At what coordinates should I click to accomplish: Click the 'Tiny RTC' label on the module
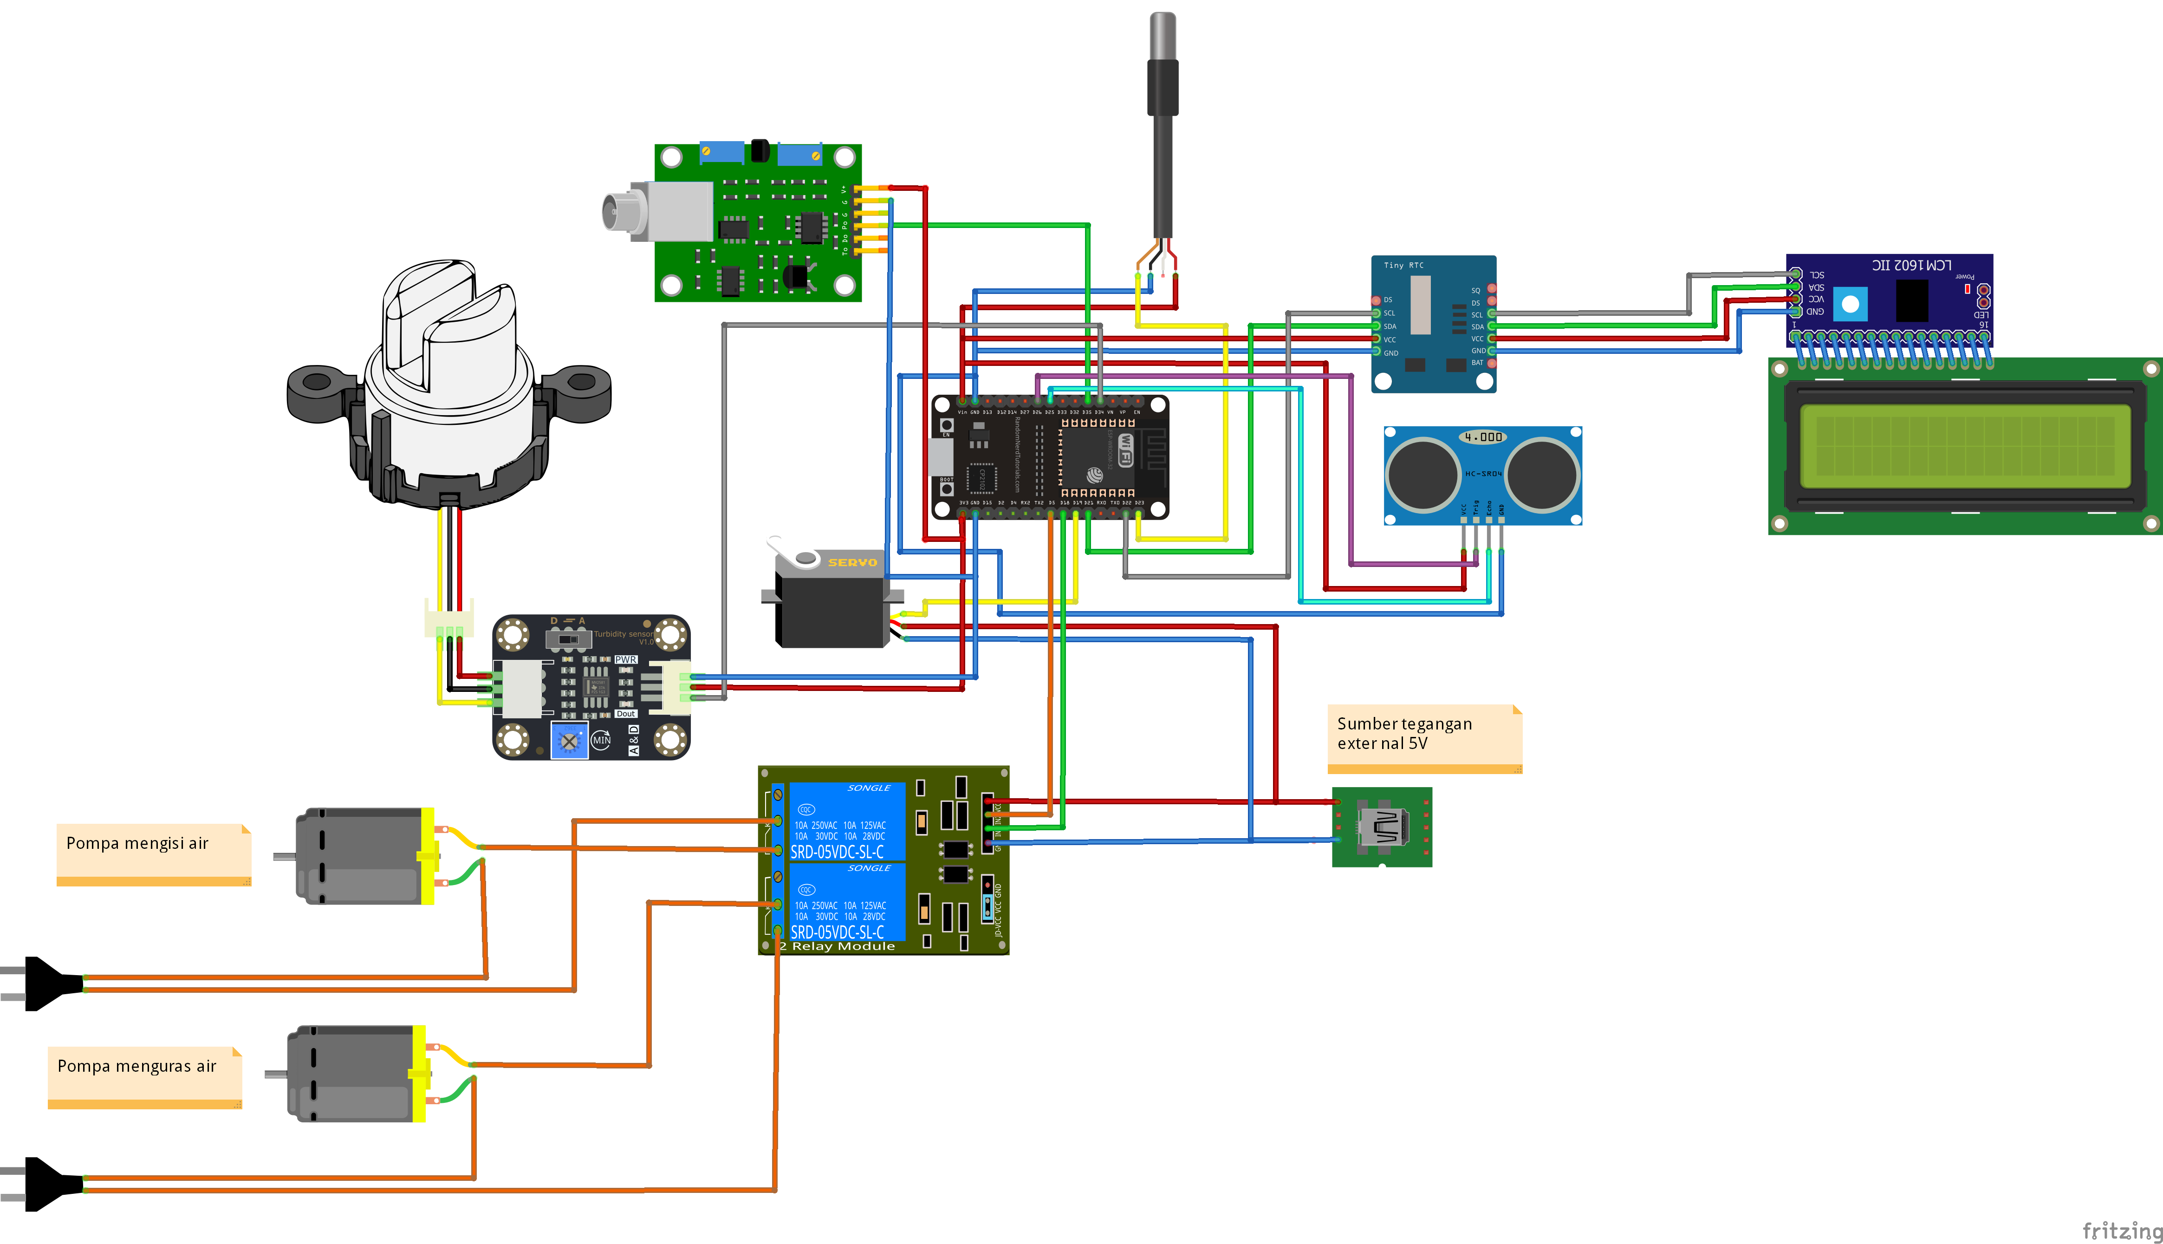[1403, 266]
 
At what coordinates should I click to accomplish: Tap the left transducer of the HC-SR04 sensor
[1423, 474]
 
